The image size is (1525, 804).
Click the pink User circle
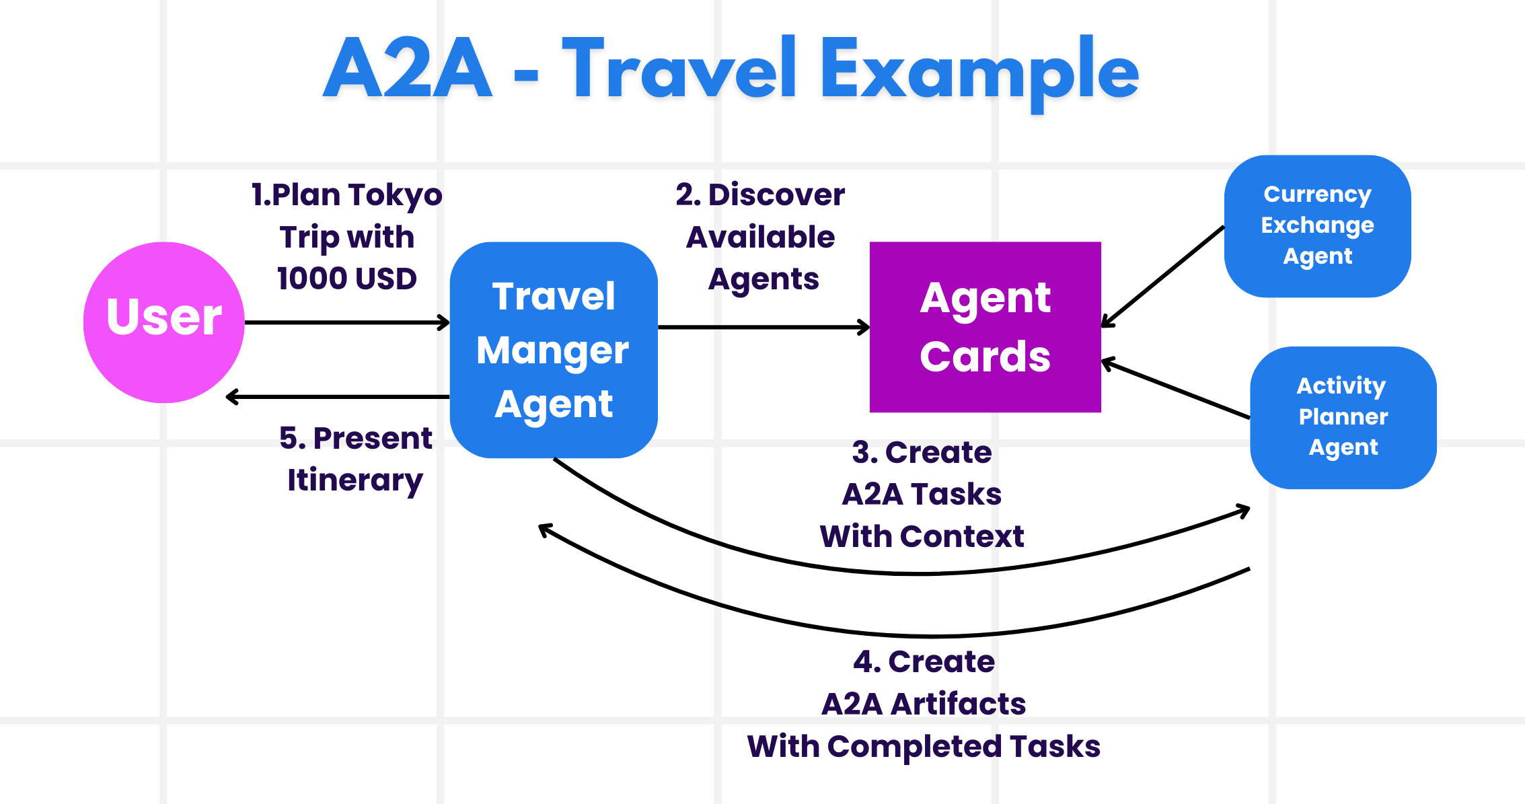pos(163,322)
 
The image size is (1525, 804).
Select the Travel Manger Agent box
pos(553,350)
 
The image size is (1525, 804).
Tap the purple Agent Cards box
pos(985,327)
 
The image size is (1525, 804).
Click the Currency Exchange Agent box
pos(1317,226)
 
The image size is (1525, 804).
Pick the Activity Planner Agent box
pos(1343,417)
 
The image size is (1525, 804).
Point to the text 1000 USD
pos(346,279)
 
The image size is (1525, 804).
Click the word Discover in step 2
pos(776,195)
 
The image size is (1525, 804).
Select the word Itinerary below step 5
pos(355,480)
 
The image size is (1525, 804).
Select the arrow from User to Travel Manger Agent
pos(346,323)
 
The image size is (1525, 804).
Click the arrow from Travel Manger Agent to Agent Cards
pos(764,328)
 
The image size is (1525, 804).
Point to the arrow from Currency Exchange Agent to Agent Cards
pos(1162,277)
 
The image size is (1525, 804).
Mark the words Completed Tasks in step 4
pos(963,747)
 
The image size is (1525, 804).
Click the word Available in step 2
pos(760,237)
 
